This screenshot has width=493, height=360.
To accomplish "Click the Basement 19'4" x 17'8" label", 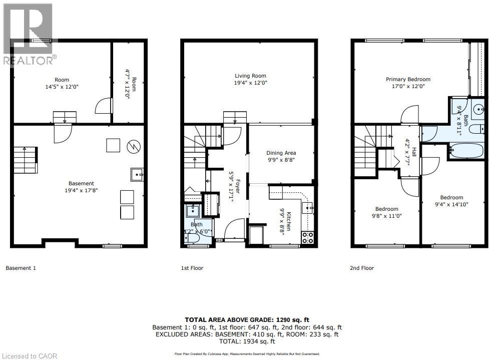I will (x=81, y=187).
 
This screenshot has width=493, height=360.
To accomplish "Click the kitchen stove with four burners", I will (x=307, y=237).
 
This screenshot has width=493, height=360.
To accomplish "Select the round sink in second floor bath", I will (x=478, y=108).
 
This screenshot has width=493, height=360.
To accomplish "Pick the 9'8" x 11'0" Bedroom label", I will (x=387, y=212).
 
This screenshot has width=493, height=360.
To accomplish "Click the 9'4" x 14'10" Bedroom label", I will (x=451, y=201).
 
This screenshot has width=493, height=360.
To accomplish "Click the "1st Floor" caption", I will (x=192, y=268).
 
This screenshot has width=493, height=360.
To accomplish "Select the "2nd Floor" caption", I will (x=362, y=268).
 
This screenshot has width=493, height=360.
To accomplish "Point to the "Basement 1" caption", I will (x=21, y=268).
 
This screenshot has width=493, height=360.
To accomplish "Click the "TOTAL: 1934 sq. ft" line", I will (x=247, y=341).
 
